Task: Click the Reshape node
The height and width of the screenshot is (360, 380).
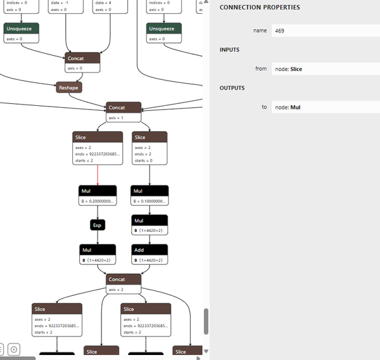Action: [x=69, y=87]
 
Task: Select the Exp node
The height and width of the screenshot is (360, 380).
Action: [x=98, y=225]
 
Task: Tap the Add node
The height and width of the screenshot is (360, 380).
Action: [x=149, y=250]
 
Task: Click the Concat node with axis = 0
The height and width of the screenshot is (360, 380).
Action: [x=82, y=58]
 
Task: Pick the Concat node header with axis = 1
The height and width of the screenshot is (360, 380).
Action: [x=124, y=108]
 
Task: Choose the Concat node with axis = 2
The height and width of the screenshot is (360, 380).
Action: [x=124, y=280]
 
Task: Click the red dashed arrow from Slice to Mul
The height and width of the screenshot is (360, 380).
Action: [x=98, y=174]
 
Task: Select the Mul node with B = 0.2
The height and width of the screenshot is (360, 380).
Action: [x=98, y=191]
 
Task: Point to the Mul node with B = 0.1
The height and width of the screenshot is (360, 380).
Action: [x=149, y=191]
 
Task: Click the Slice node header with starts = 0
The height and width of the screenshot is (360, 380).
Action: [x=149, y=137]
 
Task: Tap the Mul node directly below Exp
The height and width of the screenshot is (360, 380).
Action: [x=98, y=250]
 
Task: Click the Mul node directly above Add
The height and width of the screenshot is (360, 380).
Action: [x=149, y=221]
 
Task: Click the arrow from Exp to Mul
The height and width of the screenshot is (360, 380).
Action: [x=98, y=237]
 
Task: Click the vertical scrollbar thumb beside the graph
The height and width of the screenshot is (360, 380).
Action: [x=205, y=321]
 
